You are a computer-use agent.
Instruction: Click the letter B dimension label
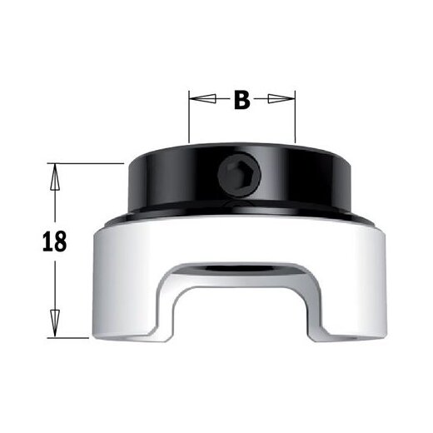tap(241, 101)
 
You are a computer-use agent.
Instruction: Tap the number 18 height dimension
tap(54, 242)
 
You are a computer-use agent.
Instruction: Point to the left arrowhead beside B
tap(199, 100)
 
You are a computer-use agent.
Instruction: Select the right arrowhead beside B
tap(286, 100)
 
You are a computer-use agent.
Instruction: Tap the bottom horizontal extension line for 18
tap(71, 337)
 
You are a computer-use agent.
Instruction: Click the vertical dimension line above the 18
tap(55, 200)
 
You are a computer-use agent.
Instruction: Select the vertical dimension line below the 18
tap(55, 287)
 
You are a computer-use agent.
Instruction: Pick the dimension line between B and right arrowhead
tap(265, 100)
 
